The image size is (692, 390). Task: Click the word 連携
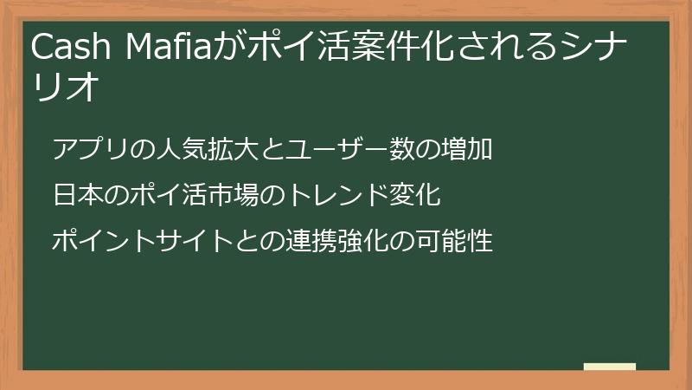[x=298, y=240]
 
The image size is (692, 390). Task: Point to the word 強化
[x=350, y=240]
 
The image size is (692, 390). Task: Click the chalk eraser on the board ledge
[x=610, y=367]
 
